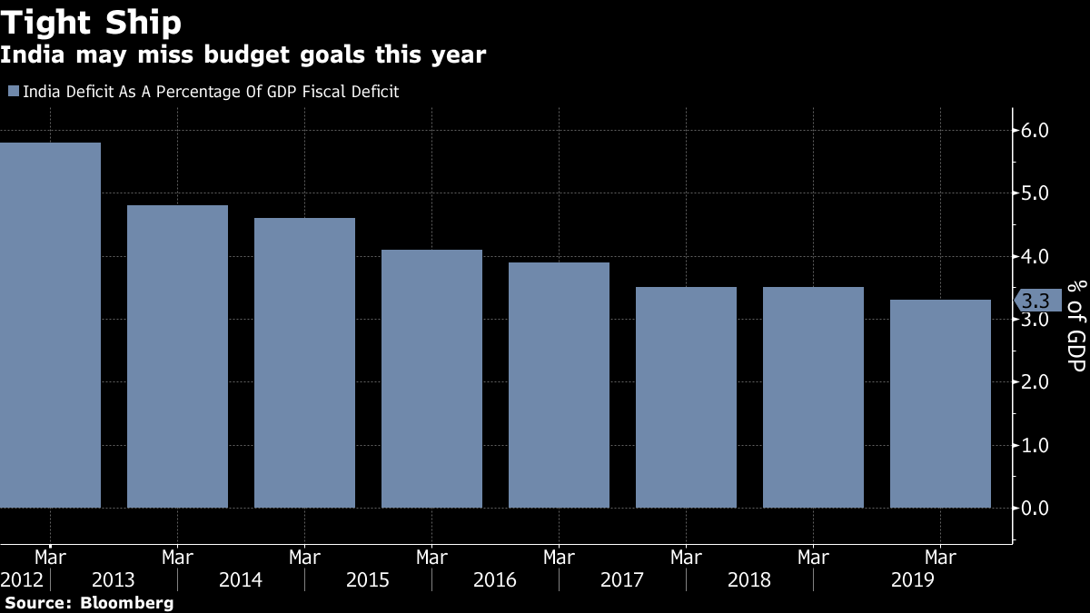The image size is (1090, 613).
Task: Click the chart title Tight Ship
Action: point(91,22)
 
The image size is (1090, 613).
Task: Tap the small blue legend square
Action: point(13,91)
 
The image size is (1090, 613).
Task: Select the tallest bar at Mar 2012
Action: point(50,325)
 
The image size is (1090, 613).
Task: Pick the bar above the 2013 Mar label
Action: point(177,356)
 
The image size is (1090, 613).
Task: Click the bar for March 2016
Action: point(559,385)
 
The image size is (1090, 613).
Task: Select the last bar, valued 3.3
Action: point(940,403)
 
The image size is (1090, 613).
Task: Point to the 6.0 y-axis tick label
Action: point(1035,131)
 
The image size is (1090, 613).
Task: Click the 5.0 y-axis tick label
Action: point(1035,193)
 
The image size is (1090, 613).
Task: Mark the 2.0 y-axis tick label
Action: point(1035,382)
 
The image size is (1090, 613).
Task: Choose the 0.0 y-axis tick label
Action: point(1035,508)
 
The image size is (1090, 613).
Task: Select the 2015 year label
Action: point(368,579)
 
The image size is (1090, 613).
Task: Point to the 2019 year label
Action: point(913,579)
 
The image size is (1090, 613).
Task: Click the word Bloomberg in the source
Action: point(126,602)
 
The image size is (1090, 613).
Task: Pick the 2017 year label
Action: point(622,579)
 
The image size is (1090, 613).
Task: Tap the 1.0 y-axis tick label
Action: point(1035,445)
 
